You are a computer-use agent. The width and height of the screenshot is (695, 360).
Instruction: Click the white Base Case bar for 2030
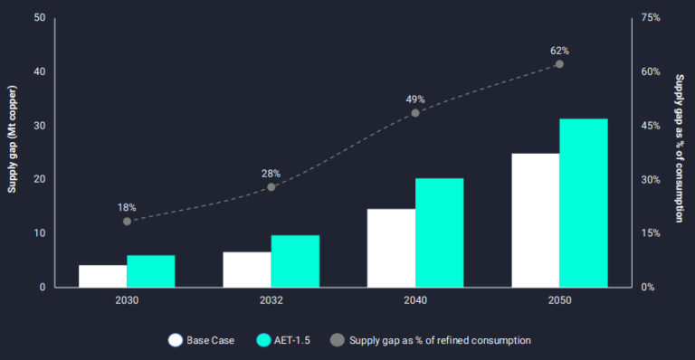102,276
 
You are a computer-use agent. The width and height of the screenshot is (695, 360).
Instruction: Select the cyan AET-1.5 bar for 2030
150,271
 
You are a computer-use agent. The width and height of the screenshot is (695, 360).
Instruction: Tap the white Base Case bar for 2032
247,270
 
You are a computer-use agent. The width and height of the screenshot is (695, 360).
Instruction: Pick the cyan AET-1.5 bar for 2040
439,232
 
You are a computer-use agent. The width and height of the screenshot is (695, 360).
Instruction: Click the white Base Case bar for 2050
535,220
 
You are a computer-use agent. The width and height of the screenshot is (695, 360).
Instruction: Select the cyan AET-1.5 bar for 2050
584,203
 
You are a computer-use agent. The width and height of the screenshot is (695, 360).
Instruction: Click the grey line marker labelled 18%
127,221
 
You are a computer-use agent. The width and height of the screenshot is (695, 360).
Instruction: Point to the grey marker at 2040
415,113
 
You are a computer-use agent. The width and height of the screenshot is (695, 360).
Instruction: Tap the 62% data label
559,51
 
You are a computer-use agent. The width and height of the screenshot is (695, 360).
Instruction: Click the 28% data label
271,173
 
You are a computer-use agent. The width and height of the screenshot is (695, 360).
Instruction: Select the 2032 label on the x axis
271,300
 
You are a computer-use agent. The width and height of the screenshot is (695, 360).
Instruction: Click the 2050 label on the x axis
559,300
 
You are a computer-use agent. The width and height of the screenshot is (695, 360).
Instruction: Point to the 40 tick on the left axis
39,71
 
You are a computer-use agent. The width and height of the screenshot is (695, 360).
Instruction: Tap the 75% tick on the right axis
650,18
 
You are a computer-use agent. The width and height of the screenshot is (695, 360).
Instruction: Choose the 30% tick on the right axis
650,179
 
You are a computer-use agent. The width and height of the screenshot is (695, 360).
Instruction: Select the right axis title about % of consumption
679,149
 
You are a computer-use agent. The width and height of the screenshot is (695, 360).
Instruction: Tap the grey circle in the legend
338,340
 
